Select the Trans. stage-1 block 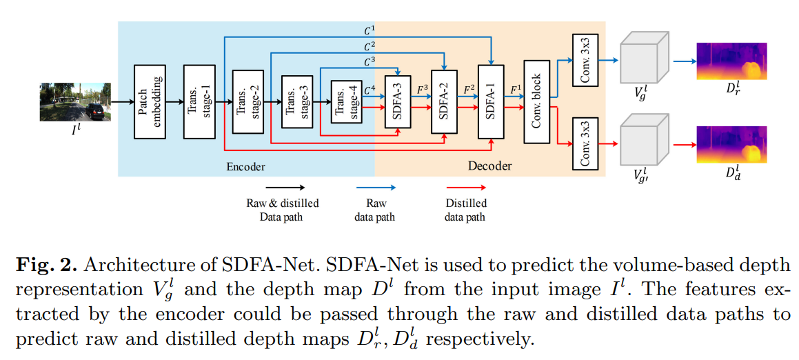pos(199,102)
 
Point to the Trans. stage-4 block pos(346,101)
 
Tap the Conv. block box pos(537,101)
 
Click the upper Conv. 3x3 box pos(585,60)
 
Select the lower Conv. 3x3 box pos(585,143)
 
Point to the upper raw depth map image pos(731,60)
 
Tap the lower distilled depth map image pos(731,143)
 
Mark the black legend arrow pos(282,187)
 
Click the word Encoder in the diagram pos(245,166)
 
